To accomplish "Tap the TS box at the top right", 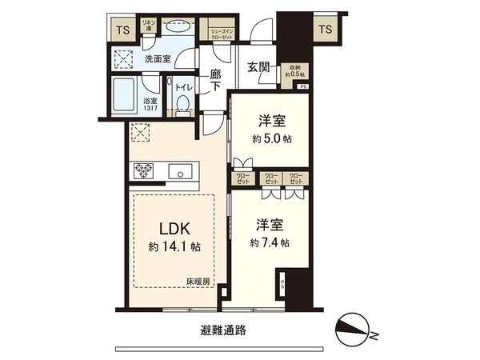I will [x=325, y=30].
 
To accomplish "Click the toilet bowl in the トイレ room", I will [x=182, y=102].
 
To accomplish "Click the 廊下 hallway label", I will [x=214, y=80].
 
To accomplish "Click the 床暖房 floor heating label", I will [x=198, y=281].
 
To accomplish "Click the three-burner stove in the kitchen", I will [x=146, y=170].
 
